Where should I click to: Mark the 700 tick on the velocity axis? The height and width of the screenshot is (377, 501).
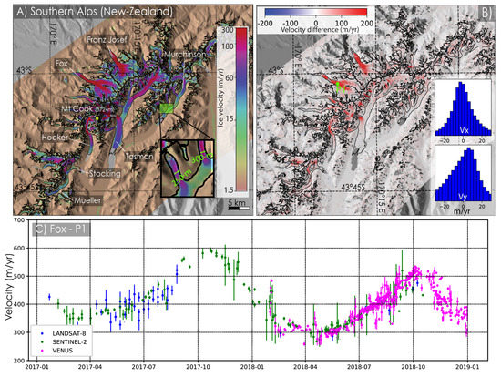[20, 221]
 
